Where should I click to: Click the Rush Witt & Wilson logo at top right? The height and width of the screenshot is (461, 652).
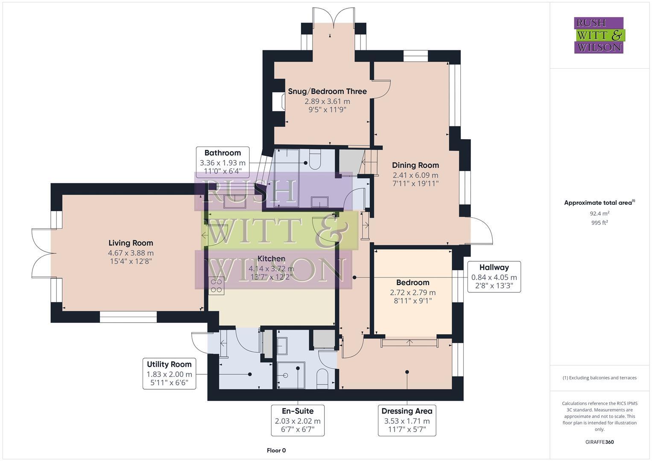click(599, 35)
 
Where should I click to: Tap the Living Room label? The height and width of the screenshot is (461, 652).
click(131, 243)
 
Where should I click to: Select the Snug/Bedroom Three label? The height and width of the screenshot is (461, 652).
click(327, 91)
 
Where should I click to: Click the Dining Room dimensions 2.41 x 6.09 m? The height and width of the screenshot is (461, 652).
click(415, 175)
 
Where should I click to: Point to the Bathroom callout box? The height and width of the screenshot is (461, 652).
click(222, 162)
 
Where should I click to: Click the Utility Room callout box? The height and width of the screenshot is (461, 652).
click(169, 373)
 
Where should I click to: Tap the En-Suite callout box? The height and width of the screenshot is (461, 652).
click(298, 420)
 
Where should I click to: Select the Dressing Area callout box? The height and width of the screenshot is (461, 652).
click(406, 420)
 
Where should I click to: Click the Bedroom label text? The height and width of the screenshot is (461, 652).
click(412, 283)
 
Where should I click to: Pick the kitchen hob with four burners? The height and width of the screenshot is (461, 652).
click(216, 286)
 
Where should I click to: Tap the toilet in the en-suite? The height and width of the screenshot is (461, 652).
click(322, 378)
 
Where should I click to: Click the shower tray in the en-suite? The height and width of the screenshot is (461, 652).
click(291, 375)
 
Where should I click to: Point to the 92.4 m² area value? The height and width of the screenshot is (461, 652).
click(599, 213)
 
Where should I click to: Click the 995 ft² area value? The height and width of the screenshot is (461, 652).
click(599, 223)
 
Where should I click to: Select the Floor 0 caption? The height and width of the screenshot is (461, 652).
click(276, 450)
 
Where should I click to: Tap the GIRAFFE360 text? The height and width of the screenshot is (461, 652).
click(599, 442)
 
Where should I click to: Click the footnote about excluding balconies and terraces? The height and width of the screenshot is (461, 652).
click(599, 378)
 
